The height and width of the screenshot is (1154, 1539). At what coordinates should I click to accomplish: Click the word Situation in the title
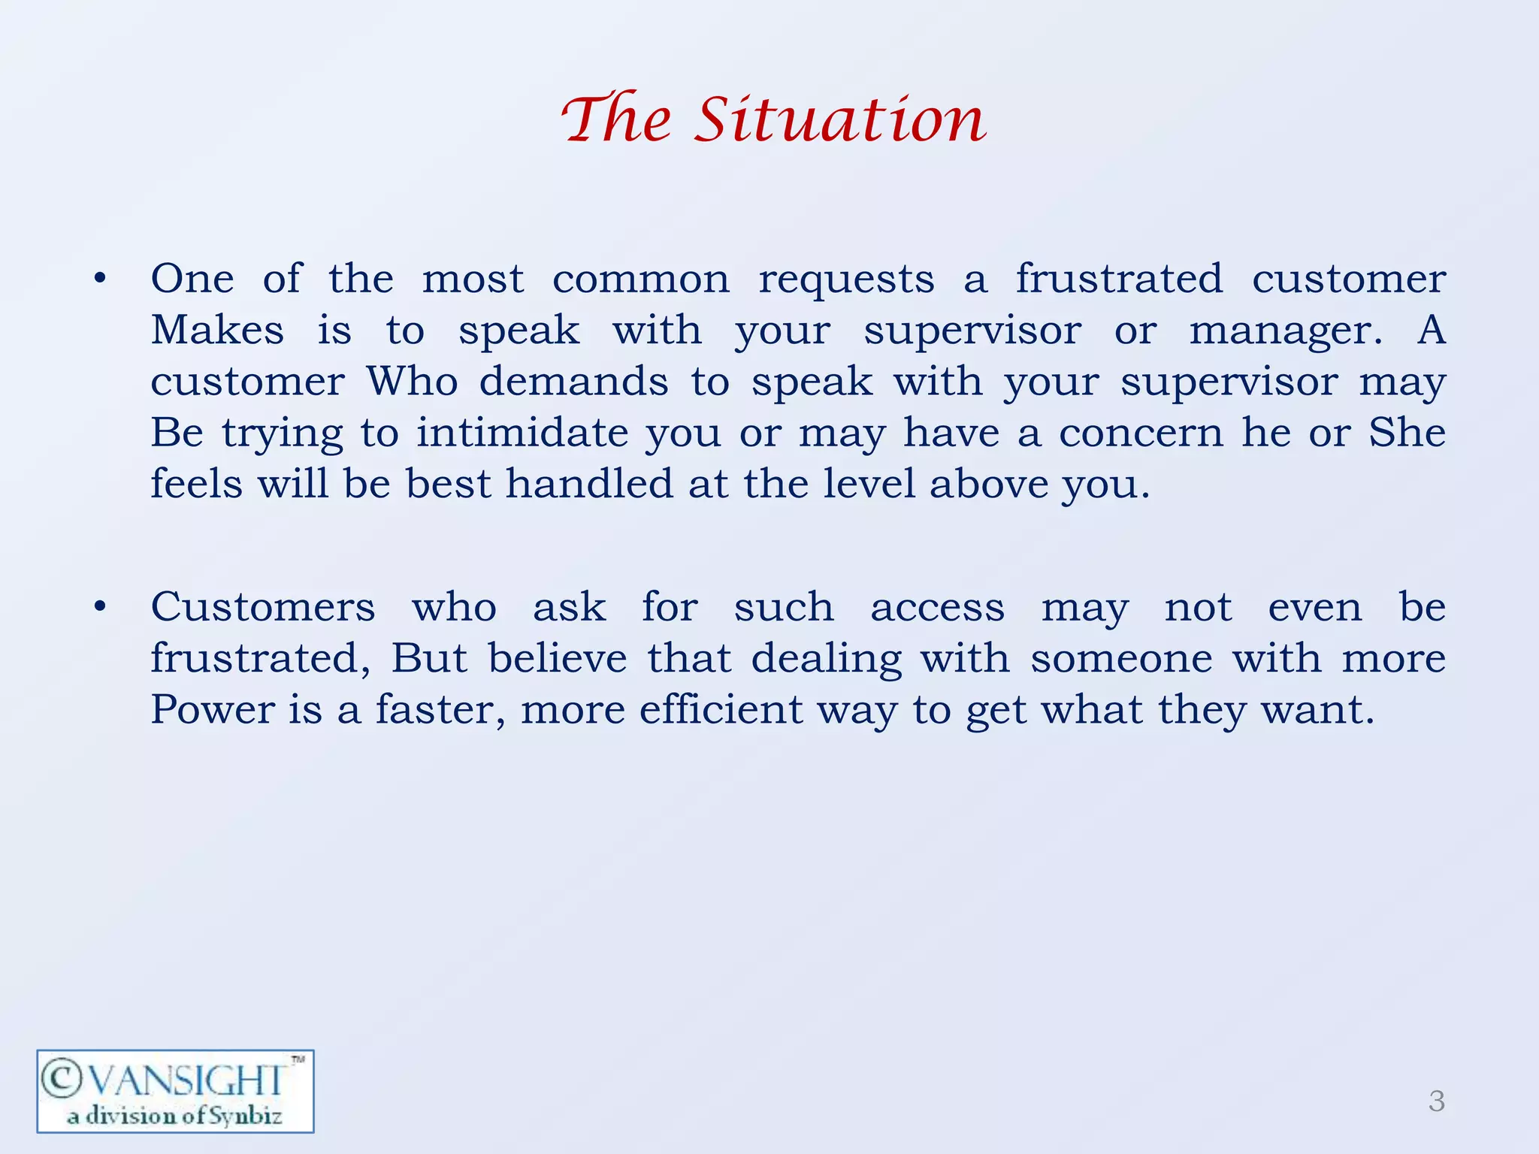pos(840,119)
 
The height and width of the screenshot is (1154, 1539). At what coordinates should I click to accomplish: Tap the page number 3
pos(1436,1101)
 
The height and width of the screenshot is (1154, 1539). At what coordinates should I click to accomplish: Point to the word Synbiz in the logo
pos(245,1116)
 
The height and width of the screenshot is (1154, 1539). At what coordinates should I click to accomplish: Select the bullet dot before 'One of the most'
pos(100,279)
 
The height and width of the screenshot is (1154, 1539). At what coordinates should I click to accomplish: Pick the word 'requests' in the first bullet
pos(846,279)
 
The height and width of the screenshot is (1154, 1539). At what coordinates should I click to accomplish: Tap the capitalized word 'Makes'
pos(217,331)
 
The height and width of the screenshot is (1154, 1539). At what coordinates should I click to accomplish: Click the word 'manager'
pos(1285,331)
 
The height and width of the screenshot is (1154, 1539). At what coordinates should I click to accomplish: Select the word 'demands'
pos(573,382)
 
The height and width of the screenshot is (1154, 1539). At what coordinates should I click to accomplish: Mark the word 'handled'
pos(589,484)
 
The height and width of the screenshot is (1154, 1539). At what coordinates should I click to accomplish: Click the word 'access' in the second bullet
pos(937,607)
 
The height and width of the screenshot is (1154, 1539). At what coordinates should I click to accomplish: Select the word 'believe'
pos(558,659)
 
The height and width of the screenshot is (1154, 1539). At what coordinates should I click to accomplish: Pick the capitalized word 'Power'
pos(213,710)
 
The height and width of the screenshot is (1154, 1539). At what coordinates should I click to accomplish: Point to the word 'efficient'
pos(721,710)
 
